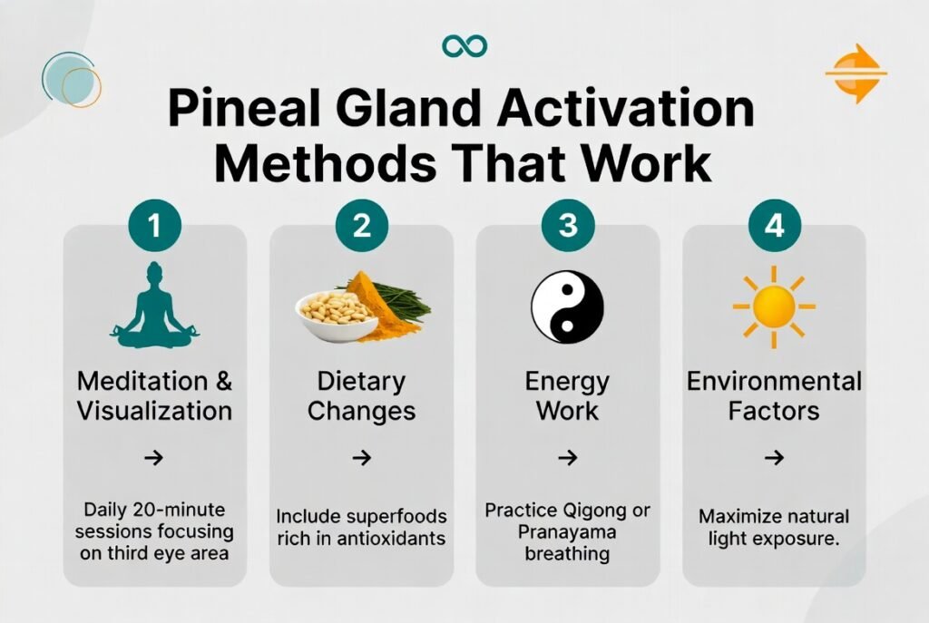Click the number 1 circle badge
(155, 225)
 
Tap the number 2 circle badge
(362, 225)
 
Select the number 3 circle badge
(568, 225)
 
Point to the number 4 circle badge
(774, 225)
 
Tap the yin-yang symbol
(567, 307)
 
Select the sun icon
(774, 307)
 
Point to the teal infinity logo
(464, 45)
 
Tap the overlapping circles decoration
(71, 81)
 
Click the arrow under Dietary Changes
(362, 458)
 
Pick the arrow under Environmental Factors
(774, 458)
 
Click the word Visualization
(154, 410)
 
